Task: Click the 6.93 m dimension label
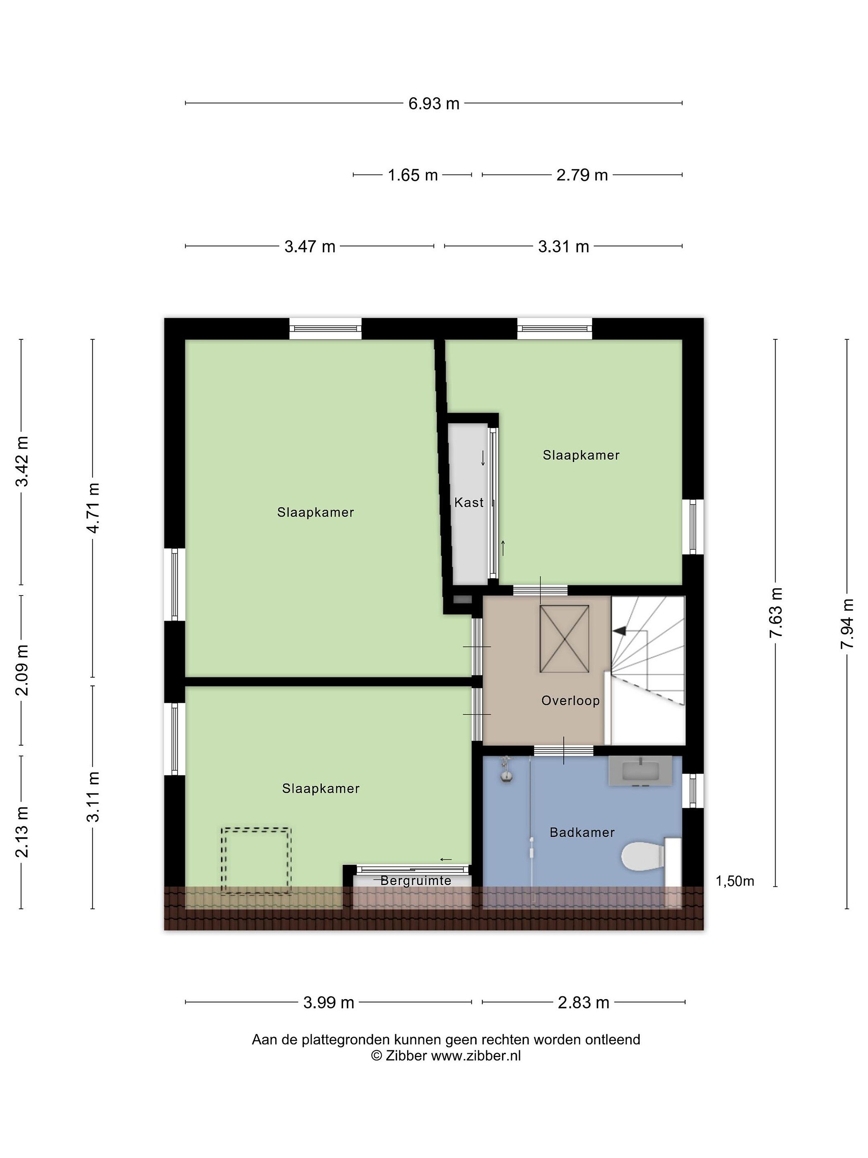pyautogui.click(x=434, y=104)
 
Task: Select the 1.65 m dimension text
pyautogui.click(x=412, y=175)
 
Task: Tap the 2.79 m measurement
pyautogui.click(x=582, y=175)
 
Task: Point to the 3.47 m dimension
pyautogui.click(x=310, y=246)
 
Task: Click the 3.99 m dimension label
pyautogui.click(x=329, y=1002)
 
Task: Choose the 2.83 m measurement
pyautogui.click(x=583, y=1002)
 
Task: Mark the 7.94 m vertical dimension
pyautogui.click(x=847, y=624)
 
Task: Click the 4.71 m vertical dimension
pyautogui.click(x=93, y=508)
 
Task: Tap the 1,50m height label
pyautogui.click(x=735, y=881)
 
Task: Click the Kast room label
pyautogui.click(x=469, y=503)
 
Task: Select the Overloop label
pyautogui.click(x=570, y=700)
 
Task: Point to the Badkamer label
pyautogui.click(x=582, y=832)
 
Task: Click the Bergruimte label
pyautogui.click(x=416, y=881)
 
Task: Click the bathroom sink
pyautogui.click(x=641, y=771)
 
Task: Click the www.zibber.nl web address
pyautogui.click(x=476, y=1055)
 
